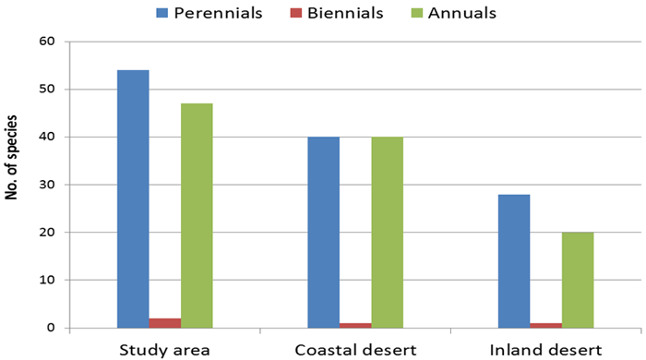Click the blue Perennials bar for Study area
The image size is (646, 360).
click(x=133, y=199)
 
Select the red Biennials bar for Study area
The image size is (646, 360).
click(x=165, y=323)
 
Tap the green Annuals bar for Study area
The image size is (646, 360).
click(x=197, y=216)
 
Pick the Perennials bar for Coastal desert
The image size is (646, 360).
click(x=324, y=233)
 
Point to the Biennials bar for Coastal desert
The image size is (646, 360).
click(x=355, y=326)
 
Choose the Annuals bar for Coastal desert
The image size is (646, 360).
click(x=388, y=233)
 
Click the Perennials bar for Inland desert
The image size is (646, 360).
click(x=514, y=261)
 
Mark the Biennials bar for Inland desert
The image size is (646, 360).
click(x=546, y=326)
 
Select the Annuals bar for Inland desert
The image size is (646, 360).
click(x=578, y=280)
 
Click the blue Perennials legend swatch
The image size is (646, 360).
click(x=161, y=13)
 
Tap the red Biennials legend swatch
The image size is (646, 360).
click(x=296, y=13)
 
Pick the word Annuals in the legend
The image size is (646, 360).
click(x=461, y=13)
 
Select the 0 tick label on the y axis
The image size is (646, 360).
click(x=51, y=328)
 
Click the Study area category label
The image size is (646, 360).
click(x=165, y=350)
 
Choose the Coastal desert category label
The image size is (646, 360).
click(x=355, y=350)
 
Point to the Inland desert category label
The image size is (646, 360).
click(x=546, y=350)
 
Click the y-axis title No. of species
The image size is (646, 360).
click(x=11, y=158)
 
